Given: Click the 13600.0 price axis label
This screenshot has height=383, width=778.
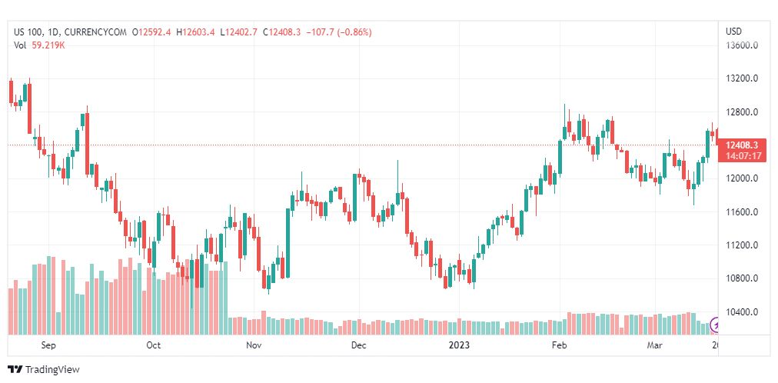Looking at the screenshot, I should pos(743,45).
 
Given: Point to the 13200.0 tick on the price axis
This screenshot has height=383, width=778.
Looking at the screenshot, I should pos(743,78).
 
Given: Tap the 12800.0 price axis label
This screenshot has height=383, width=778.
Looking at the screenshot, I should pos(743,112).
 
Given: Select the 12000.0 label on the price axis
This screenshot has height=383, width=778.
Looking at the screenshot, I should pos(743,178).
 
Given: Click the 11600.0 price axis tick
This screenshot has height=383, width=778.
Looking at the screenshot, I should pos(743,212).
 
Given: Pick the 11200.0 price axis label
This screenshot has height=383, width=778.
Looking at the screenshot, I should pos(743,245).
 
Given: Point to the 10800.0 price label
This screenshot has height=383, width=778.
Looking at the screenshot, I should pos(743,278).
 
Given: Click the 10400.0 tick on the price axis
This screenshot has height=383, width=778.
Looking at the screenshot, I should pos(743,312).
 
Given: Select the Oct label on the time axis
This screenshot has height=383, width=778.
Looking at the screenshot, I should pos(154,346).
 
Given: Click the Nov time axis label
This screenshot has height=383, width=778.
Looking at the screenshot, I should pos(254,346).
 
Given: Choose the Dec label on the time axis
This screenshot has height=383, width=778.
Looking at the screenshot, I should pos(358,346).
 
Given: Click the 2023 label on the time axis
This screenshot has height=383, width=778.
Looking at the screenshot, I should pos(459,346).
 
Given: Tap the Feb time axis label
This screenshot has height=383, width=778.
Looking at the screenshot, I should pos(560,346).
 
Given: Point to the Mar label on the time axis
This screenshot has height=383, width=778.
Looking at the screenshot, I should pos(654,346).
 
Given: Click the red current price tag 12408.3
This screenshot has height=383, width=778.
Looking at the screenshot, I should pos(742,145).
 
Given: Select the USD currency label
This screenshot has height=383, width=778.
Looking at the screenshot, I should pos(734,32).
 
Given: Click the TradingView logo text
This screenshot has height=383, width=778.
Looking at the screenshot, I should pos(52,370).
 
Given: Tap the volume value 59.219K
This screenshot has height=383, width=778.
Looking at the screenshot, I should pos(48,45).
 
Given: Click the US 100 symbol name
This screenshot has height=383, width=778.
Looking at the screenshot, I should pos(28,32).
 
